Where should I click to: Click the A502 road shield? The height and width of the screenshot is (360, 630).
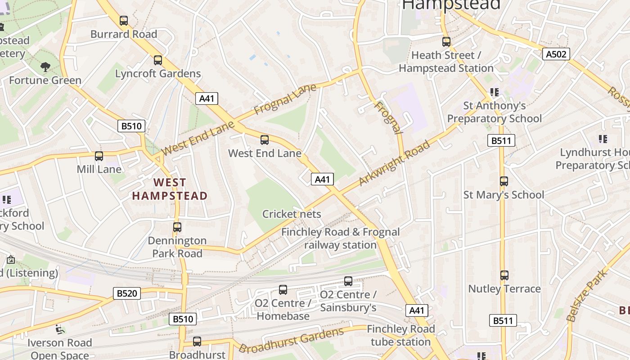click(556, 54)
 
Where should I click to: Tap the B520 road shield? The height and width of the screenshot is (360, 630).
click(126, 294)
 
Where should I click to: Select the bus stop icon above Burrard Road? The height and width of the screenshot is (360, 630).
click(124, 21)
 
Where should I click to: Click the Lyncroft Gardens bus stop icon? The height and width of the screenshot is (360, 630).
click(158, 60)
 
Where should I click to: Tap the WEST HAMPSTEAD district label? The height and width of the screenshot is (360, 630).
click(170, 189)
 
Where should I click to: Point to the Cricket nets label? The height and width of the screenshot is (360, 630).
click(292, 214)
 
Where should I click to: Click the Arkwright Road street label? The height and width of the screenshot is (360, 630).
click(395, 163)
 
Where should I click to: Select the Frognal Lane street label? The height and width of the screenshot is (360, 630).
click(285, 99)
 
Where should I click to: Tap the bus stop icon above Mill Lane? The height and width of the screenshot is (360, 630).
click(99, 156)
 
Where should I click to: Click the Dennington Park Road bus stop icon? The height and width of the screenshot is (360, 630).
click(177, 227)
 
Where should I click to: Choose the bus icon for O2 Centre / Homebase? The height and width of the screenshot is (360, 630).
click(283, 290)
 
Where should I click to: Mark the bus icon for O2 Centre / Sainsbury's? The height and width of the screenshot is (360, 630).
click(348, 282)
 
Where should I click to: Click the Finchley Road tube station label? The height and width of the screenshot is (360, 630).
click(400, 335)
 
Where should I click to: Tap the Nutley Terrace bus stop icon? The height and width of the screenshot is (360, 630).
click(504, 275)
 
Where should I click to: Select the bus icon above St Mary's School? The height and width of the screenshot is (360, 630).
click(504, 181)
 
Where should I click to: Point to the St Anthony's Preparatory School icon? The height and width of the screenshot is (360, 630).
click(495, 92)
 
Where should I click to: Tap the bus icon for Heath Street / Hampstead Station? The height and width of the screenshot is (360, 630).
click(446, 42)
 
